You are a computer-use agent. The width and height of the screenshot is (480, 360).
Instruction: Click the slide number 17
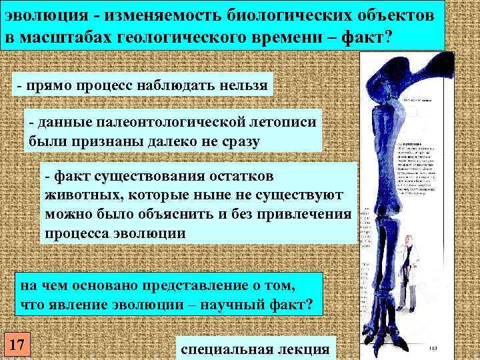pos(15,345)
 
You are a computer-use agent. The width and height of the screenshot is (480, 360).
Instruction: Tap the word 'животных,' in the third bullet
pos(80,194)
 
